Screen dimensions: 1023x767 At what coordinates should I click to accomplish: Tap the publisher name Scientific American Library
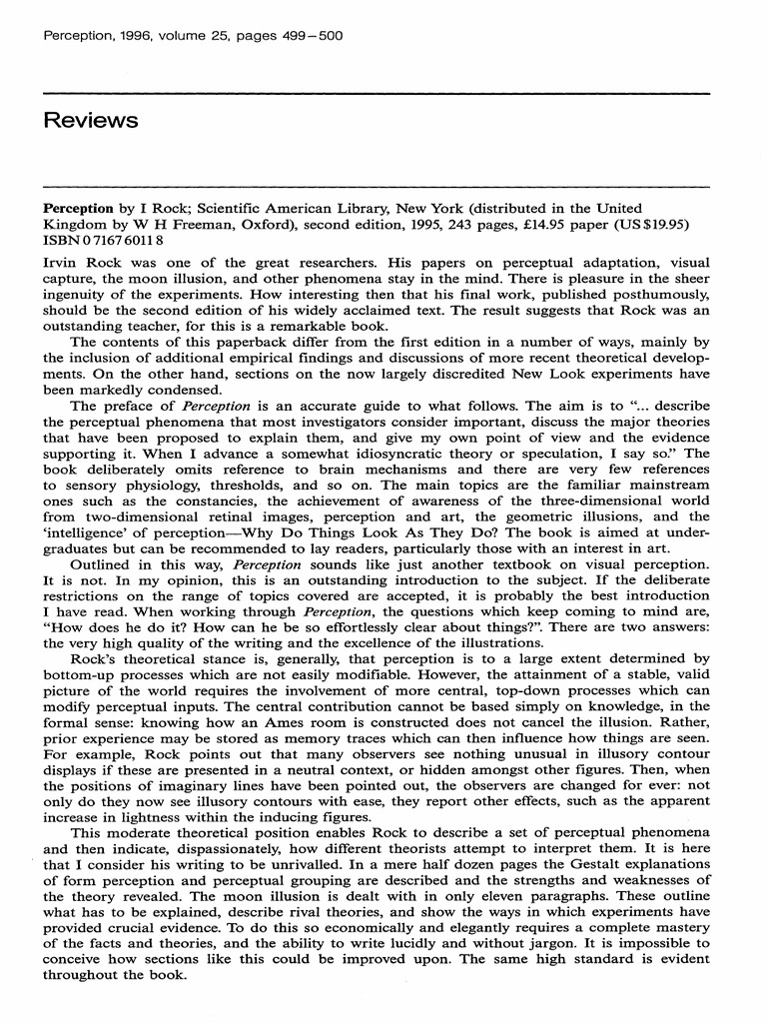pyautogui.click(x=275, y=210)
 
